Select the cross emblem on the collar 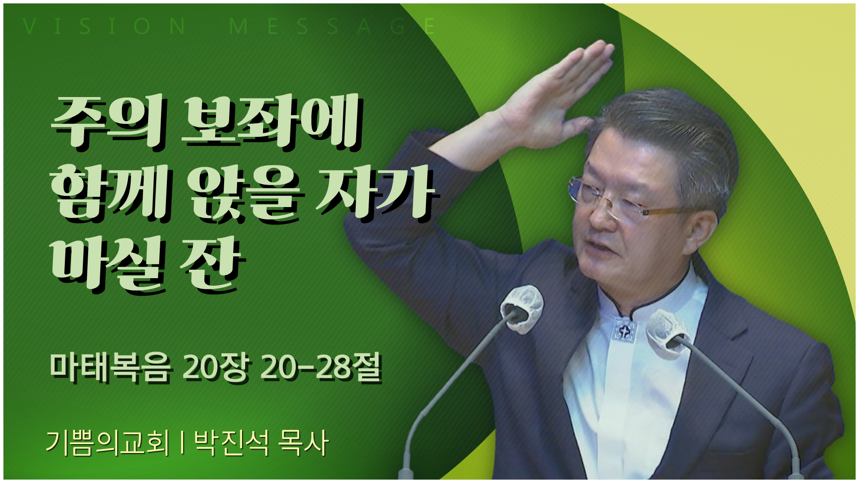[x=623, y=331]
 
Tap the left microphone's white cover [x=521, y=309]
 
